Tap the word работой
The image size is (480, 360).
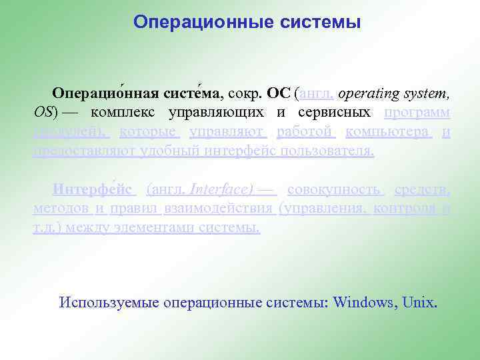pos(305,131)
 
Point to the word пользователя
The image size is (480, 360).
pos(327,151)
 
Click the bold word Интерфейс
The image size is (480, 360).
pos(93,189)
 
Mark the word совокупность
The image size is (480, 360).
pos(334,189)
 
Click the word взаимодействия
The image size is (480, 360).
pos(220,209)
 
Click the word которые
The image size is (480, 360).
pos(148,131)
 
